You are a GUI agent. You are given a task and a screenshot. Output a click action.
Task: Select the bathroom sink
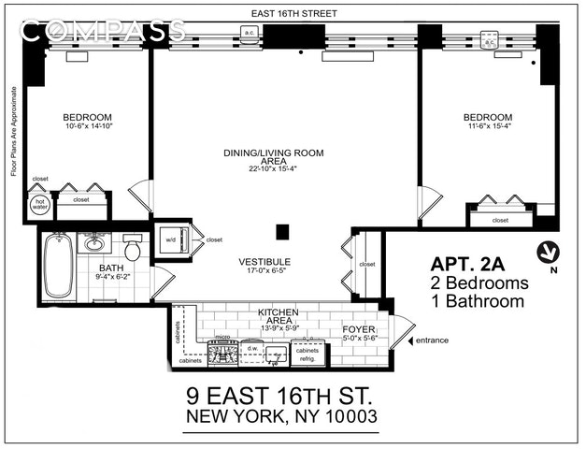93,245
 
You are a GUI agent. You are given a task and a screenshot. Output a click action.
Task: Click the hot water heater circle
40,203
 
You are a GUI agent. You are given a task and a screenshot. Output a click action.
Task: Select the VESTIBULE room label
264,262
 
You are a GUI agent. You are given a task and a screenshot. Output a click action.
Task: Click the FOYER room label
358,329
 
